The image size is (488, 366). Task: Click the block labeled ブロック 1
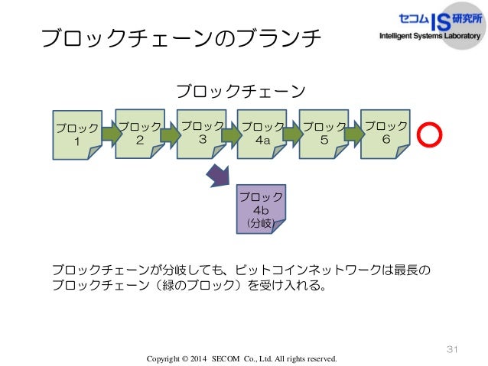[x=76, y=135]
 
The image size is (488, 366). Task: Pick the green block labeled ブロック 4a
[x=262, y=134]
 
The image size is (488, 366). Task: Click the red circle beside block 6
[x=430, y=134]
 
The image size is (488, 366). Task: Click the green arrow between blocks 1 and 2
[x=112, y=134]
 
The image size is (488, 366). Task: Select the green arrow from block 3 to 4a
[x=232, y=134]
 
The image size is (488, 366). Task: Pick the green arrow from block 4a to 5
[x=293, y=134]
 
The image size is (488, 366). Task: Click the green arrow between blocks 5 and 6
[x=354, y=134]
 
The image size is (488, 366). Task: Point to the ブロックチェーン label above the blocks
[x=242, y=92]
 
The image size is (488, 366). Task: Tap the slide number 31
[x=451, y=349]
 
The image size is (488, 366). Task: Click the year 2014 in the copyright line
[x=196, y=358]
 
